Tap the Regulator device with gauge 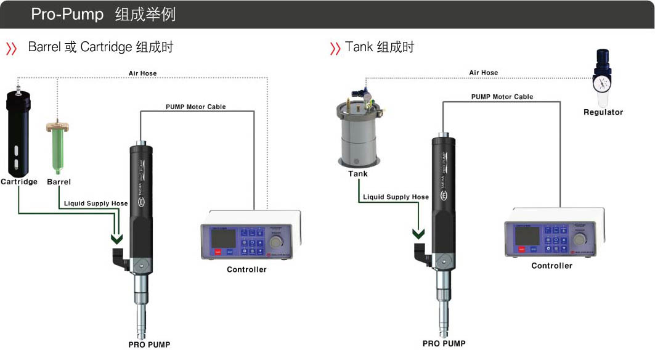pyautogui.click(x=602, y=79)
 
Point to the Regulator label pyautogui.click(x=603, y=112)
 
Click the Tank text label pyautogui.click(x=357, y=174)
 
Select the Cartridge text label pyautogui.click(x=19, y=182)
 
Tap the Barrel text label pyautogui.click(x=59, y=182)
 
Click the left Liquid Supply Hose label pyautogui.click(x=96, y=203)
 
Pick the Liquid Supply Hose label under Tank pyautogui.click(x=396, y=197)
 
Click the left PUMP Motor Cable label pyautogui.click(x=195, y=107)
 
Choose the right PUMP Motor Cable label pyautogui.click(x=502, y=97)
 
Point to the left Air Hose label pyautogui.click(x=142, y=73)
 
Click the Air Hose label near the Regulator pyautogui.click(x=483, y=73)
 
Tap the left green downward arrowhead pyautogui.click(x=116, y=239)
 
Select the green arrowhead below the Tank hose pyautogui.click(x=418, y=234)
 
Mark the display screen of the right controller pyautogui.click(x=527, y=234)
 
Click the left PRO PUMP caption pyautogui.click(x=149, y=345)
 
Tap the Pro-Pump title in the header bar pyautogui.click(x=67, y=14)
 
